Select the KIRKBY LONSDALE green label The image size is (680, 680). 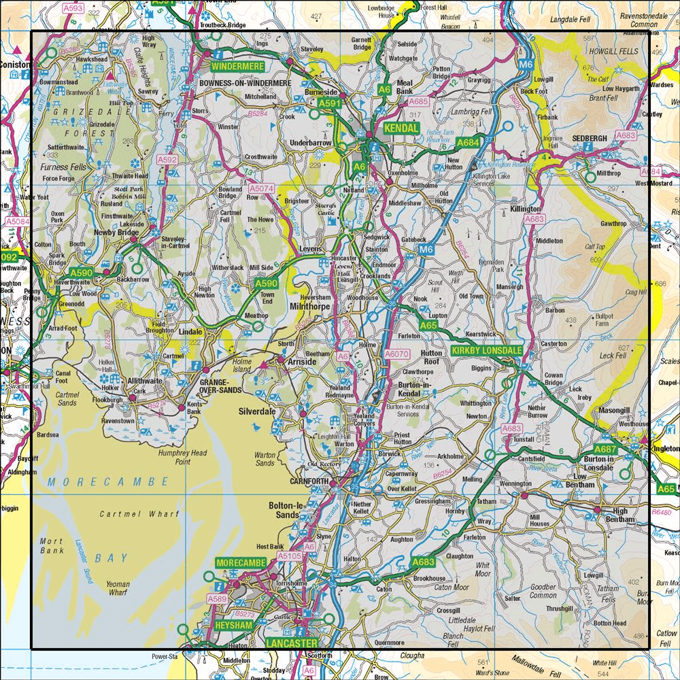point(486,350)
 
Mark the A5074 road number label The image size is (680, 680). point(260,188)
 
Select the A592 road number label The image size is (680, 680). point(167,160)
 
